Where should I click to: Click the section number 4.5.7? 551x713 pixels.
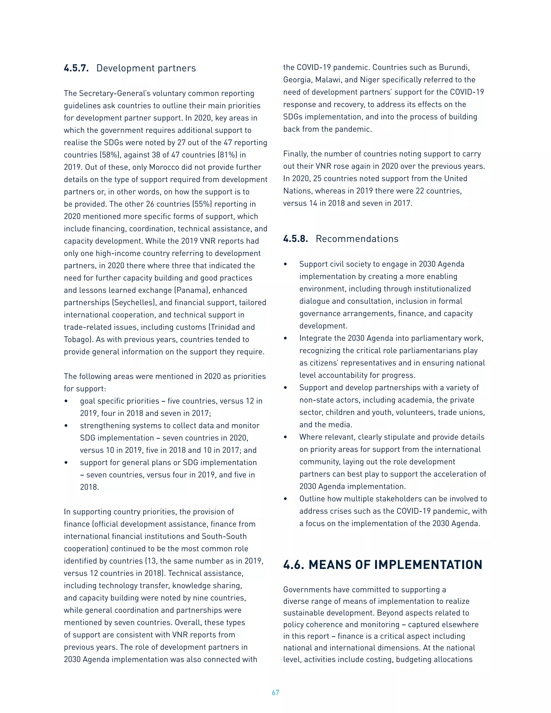(x=76, y=68)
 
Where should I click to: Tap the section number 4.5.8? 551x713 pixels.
(x=295, y=239)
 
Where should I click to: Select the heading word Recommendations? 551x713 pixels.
(x=357, y=239)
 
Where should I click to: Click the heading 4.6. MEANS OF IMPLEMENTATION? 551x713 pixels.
(x=383, y=564)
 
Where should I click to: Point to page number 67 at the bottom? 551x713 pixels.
(x=275, y=693)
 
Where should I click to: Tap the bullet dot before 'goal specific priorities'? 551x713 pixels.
(x=66, y=401)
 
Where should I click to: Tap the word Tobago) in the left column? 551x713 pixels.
(x=79, y=340)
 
